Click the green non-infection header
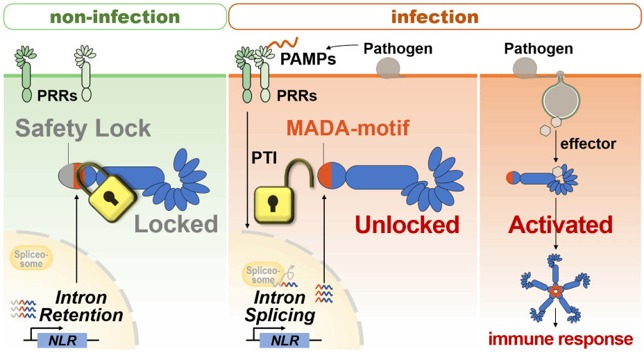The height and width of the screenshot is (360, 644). [x=115, y=17]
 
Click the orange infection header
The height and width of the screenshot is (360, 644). [x=435, y=17]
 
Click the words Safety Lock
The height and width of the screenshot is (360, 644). [x=83, y=128]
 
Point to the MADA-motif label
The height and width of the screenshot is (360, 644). [x=348, y=128]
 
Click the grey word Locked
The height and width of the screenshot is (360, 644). [x=176, y=224]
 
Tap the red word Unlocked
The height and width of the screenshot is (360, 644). [x=407, y=225]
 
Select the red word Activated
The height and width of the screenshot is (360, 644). [x=560, y=225]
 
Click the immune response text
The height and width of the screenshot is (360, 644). [x=561, y=339]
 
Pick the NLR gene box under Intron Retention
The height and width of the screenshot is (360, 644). [x=62, y=341]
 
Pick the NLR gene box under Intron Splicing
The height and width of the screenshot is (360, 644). [x=285, y=341]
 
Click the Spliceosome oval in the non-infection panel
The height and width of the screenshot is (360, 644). [x=31, y=258]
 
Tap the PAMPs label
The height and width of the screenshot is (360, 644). [x=308, y=59]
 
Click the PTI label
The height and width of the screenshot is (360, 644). [x=264, y=157]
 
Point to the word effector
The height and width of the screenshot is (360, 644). [x=588, y=144]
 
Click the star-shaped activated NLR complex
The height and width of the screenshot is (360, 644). [x=555, y=288]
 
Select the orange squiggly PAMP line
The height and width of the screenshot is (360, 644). [x=283, y=43]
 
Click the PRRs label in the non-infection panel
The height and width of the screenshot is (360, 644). [x=57, y=96]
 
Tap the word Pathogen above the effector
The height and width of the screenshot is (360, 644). [x=539, y=49]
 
